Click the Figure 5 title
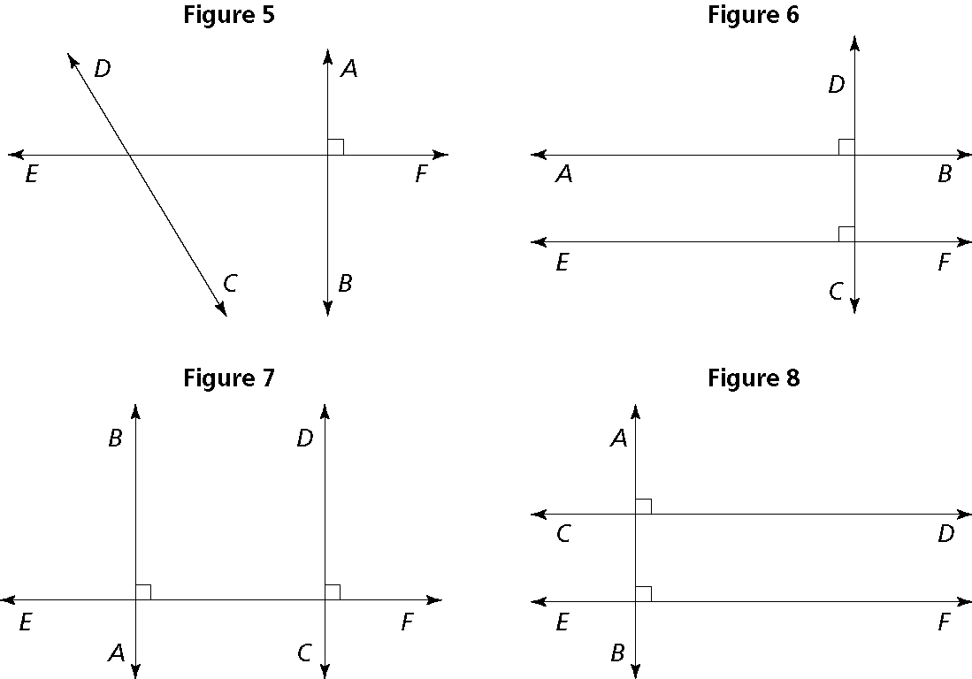[229, 15]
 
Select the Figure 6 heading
[754, 15]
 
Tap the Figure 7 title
[229, 378]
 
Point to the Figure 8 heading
[754, 378]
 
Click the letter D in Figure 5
[102, 69]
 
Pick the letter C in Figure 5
[230, 284]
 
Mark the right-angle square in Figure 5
[335, 147]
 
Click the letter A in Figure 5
[349, 69]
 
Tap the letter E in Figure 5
[31, 175]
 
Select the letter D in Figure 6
[836, 85]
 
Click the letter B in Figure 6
[945, 175]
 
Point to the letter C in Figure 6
[836, 292]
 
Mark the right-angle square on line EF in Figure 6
[846, 233]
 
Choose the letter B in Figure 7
[115, 439]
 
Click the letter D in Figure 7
[305, 439]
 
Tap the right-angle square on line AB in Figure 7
[143, 591]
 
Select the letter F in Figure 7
[407, 623]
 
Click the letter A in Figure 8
[618, 439]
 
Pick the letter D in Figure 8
[945, 535]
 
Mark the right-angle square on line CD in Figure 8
[644, 506]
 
